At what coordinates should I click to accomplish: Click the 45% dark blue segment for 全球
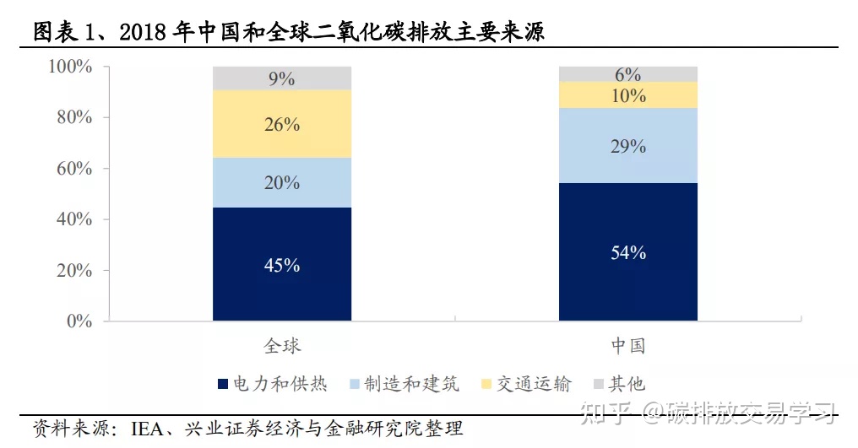click(x=282, y=264)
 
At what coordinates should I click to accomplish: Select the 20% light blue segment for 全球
click(x=282, y=182)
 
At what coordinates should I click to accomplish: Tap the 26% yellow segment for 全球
click(x=282, y=124)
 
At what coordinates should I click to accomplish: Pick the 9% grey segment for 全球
click(x=282, y=78)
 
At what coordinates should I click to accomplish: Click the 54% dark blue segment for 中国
click(x=627, y=251)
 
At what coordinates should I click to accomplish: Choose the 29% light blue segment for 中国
click(x=627, y=146)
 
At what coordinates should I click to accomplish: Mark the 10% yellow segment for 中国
click(x=627, y=95)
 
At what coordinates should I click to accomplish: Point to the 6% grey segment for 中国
click(x=627, y=74)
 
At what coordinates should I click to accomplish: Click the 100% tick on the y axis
click(x=70, y=67)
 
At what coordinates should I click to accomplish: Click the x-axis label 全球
click(x=282, y=346)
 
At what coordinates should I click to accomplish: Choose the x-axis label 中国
click(x=627, y=346)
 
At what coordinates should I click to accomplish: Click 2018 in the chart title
click(x=146, y=32)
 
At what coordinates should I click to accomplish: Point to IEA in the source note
click(x=149, y=429)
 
